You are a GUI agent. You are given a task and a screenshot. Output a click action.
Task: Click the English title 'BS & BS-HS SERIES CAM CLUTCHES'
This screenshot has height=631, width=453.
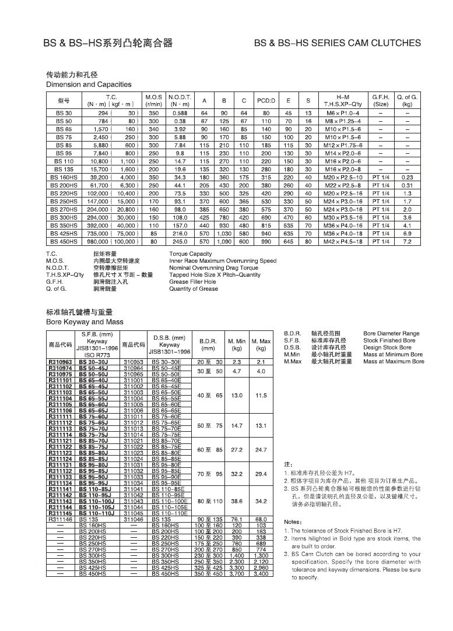(338, 43)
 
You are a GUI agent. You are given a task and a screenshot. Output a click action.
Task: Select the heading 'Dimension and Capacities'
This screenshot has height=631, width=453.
(89, 84)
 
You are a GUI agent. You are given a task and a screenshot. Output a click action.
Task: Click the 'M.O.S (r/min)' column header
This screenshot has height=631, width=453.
(153, 101)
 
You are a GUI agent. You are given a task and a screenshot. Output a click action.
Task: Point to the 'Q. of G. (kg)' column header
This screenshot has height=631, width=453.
(407, 101)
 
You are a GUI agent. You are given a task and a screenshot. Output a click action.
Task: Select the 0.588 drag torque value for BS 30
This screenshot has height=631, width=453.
(179, 112)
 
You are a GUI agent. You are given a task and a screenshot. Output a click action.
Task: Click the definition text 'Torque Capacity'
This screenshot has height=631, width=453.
(190, 254)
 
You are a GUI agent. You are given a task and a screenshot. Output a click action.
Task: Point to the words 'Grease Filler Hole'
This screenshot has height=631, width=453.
(192, 281)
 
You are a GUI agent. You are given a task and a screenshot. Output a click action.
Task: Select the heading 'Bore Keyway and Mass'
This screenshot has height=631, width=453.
(85, 322)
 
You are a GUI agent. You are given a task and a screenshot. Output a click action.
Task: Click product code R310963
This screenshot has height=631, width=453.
(60, 362)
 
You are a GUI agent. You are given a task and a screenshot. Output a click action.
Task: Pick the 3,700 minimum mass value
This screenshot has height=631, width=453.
(237, 574)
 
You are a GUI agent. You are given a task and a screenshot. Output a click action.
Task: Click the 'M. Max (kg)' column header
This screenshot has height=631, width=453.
(261, 344)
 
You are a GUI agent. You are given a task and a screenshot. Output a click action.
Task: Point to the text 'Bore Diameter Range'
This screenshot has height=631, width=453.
(391, 334)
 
